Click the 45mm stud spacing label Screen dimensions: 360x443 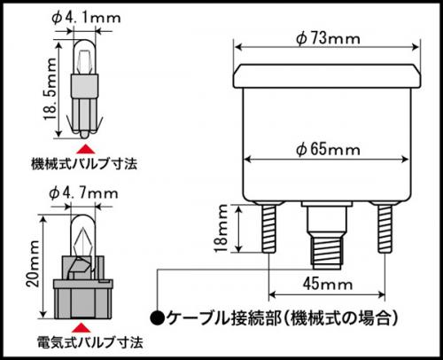(x=325, y=286)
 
